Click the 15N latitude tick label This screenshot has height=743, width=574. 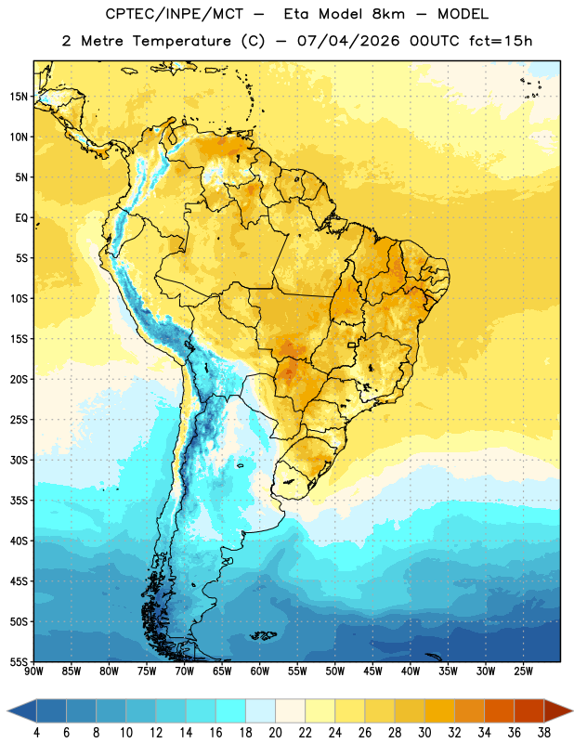(x=19, y=97)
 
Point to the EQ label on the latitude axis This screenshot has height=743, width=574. (x=21, y=218)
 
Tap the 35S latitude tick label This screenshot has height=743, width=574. (x=19, y=501)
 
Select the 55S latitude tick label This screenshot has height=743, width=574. (x=19, y=662)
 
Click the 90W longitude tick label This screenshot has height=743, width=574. (x=33, y=671)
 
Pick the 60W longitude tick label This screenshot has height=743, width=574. (x=260, y=671)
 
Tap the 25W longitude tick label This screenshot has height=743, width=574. (x=523, y=671)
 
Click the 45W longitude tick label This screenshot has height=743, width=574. (x=372, y=671)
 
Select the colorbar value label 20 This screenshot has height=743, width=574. (x=275, y=733)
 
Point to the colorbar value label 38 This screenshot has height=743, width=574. (x=543, y=733)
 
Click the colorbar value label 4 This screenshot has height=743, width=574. (x=36, y=733)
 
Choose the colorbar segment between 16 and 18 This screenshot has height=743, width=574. (x=231, y=710)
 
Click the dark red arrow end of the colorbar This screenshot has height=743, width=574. (x=558, y=710)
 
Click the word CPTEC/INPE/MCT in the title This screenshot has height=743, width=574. (x=174, y=14)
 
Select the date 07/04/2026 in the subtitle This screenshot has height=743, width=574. (x=348, y=41)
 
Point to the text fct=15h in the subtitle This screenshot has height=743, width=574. (x=501, y=41)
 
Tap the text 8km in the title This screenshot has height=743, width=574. (x=388, y=14)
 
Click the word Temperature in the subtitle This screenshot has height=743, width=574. (x=181, y=41)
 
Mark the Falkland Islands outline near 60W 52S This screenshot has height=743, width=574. (x=263, y=635)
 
